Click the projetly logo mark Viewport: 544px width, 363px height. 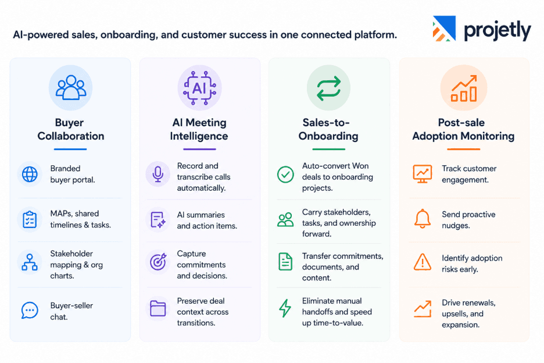[x=444, y=29]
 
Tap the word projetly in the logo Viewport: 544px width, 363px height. [x=497, y=31]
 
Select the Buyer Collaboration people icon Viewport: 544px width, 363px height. [x=71, y=87]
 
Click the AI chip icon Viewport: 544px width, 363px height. [x=199, y=88]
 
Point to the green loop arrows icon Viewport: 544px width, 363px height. [x=328, y=88]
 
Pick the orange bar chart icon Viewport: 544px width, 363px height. [x=464, y=88]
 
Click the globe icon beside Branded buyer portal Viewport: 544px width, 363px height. [x=30, y=174]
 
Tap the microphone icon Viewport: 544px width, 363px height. [x=158, y=174]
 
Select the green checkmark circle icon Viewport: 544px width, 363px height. [x=285, y=175]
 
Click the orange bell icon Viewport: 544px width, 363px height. [x=423, y=219]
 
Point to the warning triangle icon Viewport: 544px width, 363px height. [x=423, y=262]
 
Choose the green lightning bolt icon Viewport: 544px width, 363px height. [x=285, y=308]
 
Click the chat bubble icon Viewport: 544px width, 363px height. [x=30, y=310]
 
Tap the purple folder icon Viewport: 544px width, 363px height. [x=158, y=308]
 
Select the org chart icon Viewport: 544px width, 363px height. [x=30, y=262]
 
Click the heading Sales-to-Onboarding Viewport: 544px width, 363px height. [x=328, y=129]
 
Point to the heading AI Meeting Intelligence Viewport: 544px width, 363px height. [x=199, y=129]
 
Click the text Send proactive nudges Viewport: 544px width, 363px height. [x=468, y=220]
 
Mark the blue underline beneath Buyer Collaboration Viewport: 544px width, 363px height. [x=70, y=150]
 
